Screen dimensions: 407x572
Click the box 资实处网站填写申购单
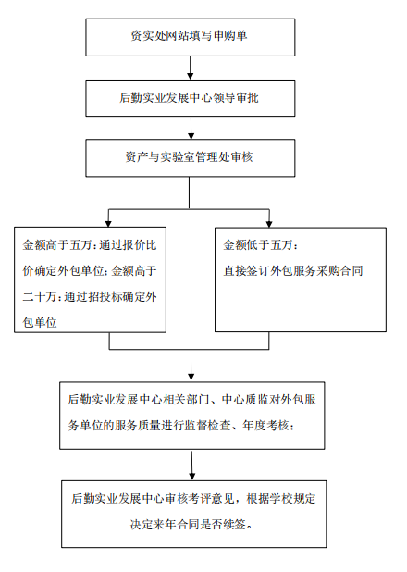(191, 37)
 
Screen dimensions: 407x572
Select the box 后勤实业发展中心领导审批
(191, 98)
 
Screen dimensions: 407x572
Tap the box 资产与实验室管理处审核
(191, 158)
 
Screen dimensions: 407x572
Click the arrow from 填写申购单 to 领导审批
(190, 68)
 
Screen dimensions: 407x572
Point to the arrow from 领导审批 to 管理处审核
(191, 128)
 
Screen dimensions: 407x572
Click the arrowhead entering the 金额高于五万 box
(108, 224)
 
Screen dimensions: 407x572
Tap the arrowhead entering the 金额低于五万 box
(269, 224)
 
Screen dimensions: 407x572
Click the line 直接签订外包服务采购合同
(293, 270)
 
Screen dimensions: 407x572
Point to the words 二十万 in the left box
(40, 297)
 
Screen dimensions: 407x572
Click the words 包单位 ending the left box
(40, 322)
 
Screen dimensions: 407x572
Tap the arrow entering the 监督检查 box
(191, 365)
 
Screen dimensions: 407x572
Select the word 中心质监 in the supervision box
(245, 400)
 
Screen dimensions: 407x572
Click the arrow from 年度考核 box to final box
(191, 465)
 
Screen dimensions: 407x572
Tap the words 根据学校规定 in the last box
(281, 498)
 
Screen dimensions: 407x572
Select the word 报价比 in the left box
(140, 244)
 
